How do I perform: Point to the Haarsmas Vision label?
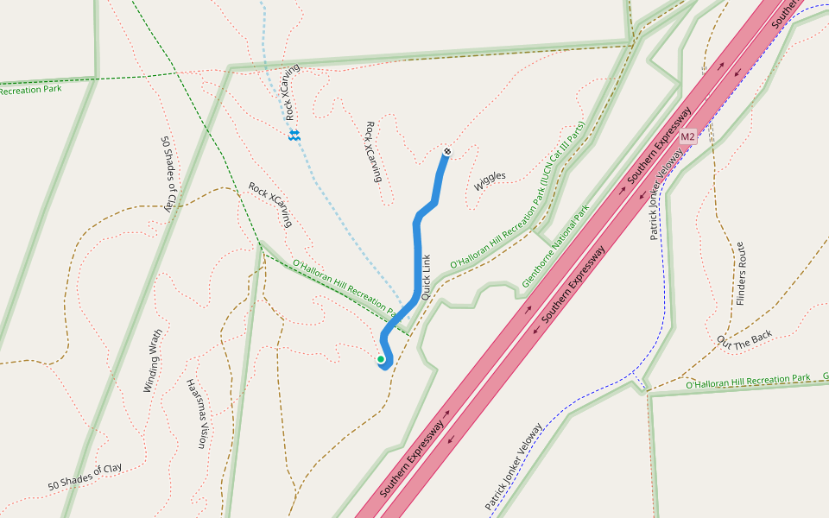coord(197,414)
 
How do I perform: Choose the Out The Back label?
coord(744,341)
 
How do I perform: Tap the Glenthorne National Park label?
coord(555,247)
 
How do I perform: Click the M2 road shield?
coord(687,137)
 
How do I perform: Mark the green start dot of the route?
coord(380,359)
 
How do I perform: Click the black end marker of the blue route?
coord(447,153)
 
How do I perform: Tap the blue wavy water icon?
coord(294,136)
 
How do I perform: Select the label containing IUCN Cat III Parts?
coord(518,194)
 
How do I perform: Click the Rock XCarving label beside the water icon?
coord(293,92)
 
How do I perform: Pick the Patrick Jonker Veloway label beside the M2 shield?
coord(666,193)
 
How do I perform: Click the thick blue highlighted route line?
coord(417,250)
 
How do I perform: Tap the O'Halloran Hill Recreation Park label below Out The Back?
coord(748,381)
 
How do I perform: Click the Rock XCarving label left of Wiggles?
coord(373,151)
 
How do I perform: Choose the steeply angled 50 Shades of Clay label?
coord(168,174)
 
